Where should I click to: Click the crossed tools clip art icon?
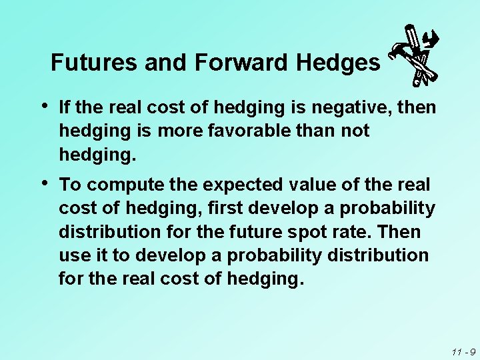click(414, 55)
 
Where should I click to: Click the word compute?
click(116, 184)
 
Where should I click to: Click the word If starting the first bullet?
click(65, 107)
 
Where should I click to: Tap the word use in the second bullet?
click(73, 256)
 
